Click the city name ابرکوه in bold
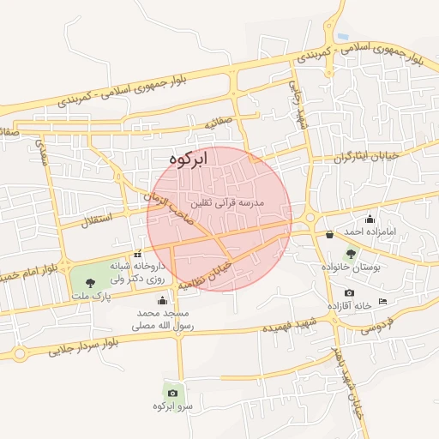[x=189, y=159]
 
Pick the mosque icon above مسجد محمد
[x=162, y=300]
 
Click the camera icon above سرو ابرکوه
[x=172, y=393]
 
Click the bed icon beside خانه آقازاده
[x=382, y=300]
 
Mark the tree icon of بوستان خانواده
[x=351, y=254]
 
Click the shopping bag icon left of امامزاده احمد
[x=329, y=233]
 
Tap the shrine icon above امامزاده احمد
[x=370, y=219]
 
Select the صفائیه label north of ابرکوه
[x=218, y=123]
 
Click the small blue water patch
[x=343, y=37]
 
